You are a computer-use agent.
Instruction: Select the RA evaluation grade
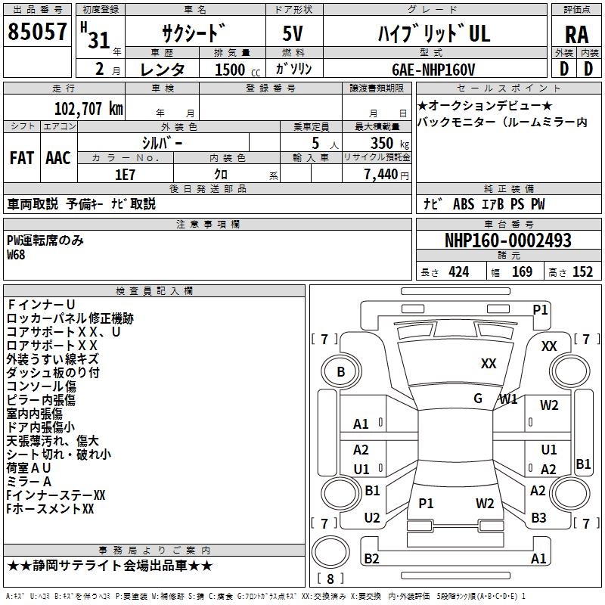point(576,35)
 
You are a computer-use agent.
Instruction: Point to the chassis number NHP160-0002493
point(508,240)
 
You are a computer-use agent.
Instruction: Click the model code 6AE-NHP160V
point(433,70)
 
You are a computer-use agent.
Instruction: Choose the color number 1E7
point(125,174)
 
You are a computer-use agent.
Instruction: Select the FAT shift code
point(21,157)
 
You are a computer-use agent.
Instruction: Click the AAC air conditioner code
point(58,157)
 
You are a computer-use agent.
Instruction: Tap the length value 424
point(458,272)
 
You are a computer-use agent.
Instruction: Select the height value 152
point(582,272)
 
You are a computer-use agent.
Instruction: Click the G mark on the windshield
point(478,399)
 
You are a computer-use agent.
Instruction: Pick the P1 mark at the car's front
point(540,309)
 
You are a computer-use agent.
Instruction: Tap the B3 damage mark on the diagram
point(538,517)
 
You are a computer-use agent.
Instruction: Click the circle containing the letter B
point(340,372)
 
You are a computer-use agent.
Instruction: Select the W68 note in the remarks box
point(16,255)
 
